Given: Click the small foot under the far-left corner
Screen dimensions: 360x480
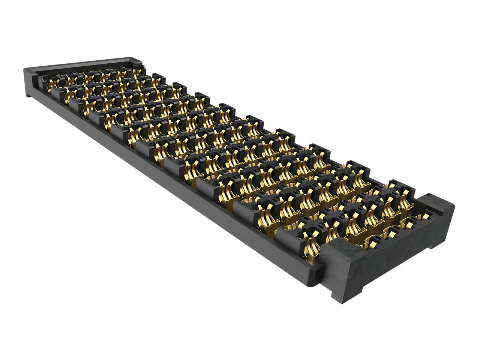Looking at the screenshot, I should pyautogui.click(x=28, y=95).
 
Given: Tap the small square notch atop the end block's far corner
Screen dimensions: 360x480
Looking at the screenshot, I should pyautogui.click(x=427, y=199).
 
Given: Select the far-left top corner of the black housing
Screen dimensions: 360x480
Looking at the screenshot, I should pyautogui.click(x=25, y=70).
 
